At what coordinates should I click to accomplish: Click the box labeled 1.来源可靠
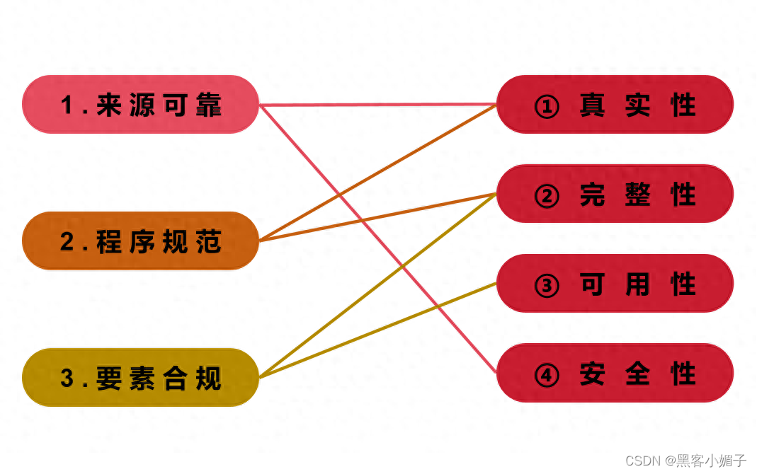[141, 105]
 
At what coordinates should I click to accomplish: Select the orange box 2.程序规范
[141, 241]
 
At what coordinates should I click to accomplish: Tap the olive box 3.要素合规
[141, 378]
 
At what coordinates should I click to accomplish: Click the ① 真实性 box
[615, 105]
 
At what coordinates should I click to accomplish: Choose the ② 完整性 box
[615, 194]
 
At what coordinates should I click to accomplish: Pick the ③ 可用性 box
[615, 284]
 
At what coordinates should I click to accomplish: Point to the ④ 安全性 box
[615, 373]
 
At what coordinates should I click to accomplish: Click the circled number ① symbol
[547, 107]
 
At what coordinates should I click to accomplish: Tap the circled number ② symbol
[547, 196]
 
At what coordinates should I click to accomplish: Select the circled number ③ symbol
[547, 286]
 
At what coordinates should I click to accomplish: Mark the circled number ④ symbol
[547, 375]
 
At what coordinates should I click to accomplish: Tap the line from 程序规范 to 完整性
[425, 207]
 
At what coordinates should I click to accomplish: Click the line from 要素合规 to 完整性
[319, 333]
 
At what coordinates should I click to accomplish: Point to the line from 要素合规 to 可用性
[425, 311]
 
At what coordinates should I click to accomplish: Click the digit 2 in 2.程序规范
[67, 242]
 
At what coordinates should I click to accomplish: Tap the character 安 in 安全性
[592, 374]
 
